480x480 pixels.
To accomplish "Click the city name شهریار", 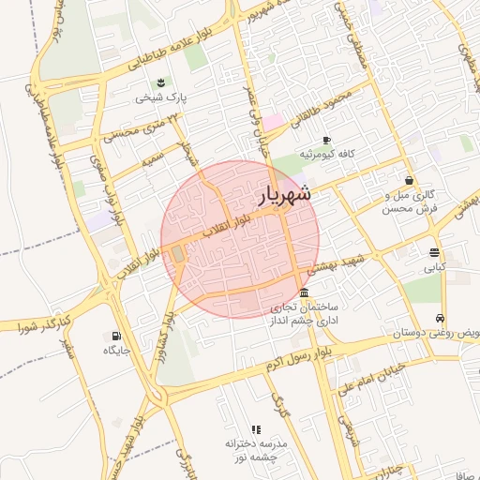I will click(x=283, y=196).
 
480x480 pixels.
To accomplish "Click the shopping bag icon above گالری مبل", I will click(x=409, y=181).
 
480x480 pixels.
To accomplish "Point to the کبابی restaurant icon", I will click(x=434, y=252).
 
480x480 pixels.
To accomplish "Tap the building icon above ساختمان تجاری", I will click(x=302, y=292).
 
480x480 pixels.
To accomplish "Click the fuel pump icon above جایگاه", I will click(x=116, y=336).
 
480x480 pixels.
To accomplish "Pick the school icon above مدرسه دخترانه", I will click(x=256, y=428).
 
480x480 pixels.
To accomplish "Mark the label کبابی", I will click(x=434, y=267).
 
